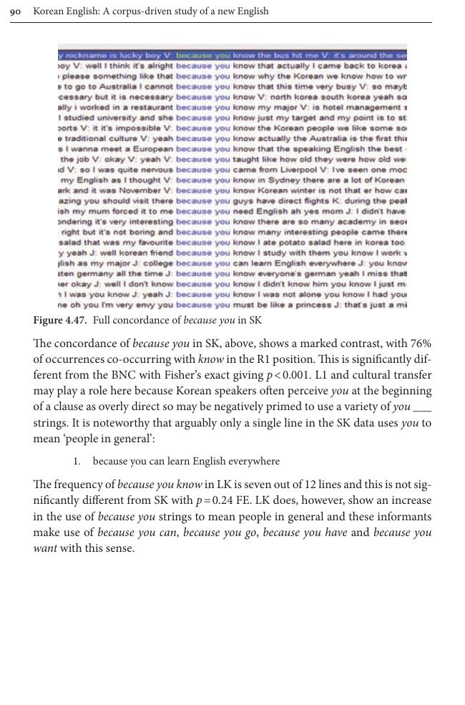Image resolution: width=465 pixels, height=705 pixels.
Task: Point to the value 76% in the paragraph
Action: click(x=419, y=344)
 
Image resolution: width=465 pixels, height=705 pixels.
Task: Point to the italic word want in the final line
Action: click(x=46, y=548)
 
